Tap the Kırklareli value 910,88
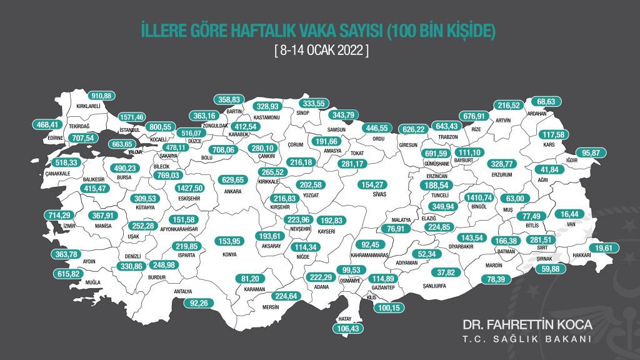[100, 96]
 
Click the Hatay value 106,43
[346, 329]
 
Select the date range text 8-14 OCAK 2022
[321, 50]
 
